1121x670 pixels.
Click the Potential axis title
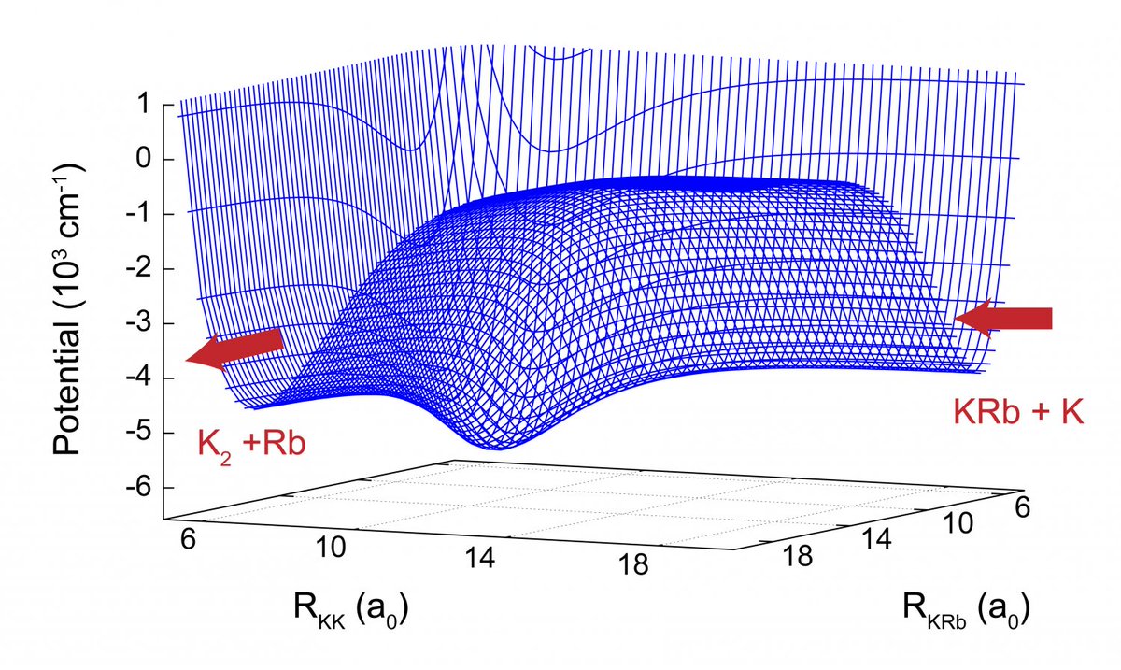[68, 308]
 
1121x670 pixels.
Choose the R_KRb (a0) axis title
[966, 613]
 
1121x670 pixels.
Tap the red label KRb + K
[1017, 411]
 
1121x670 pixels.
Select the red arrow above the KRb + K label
[1003, 319]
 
